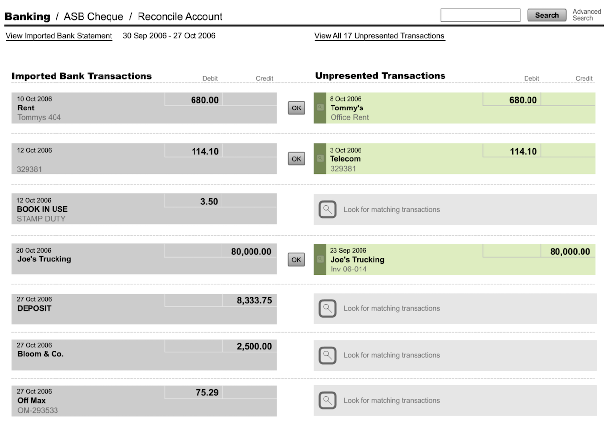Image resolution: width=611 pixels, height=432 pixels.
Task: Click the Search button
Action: [x=547, y=15]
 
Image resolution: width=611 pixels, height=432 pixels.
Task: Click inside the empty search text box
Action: [x=480, y=15]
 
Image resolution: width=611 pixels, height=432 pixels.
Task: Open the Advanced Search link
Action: [x=587, y=15]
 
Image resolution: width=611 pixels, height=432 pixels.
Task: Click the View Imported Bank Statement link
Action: [x=59, y=36]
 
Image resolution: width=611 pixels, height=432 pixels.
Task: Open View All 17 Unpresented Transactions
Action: [x=380, y=36]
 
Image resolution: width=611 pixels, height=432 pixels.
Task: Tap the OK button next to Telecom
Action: [x=296, y=159]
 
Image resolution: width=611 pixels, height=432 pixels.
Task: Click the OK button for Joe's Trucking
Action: [x=296, y=260]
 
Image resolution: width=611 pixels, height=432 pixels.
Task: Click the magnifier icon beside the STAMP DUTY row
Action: [x=327, y=209]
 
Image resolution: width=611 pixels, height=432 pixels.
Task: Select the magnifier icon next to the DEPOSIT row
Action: [x=327, y=308]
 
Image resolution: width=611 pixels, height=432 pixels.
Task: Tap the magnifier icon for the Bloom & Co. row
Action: [x=327, y=355]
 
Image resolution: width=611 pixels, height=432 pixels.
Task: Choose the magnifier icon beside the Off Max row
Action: [x=327, y=400]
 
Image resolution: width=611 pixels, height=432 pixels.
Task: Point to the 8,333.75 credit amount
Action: [x=254, y=300]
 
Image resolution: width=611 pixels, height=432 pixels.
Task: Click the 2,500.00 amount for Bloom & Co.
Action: [x=254, y=346]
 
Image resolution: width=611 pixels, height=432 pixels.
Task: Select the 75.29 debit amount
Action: [x=207, y=392]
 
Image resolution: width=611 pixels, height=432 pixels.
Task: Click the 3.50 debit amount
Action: [x=209, y=202]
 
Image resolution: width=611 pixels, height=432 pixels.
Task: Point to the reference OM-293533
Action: [x=38, y=410]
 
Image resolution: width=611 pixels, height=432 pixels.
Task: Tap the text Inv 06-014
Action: [x=349, y=270]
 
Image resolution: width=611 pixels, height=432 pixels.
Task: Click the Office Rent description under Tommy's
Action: [x=350, y=117]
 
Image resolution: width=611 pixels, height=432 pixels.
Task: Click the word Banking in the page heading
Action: [x=28, y=16]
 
